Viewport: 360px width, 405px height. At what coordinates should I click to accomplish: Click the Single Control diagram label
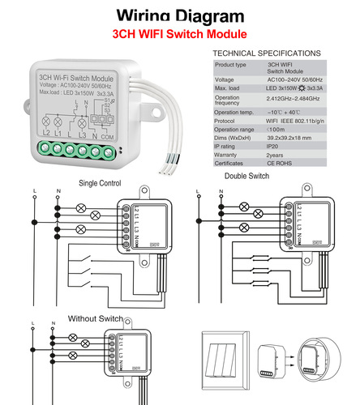(x=101, y=183)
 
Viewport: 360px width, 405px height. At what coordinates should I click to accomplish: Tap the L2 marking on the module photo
(x=46, y=131)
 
